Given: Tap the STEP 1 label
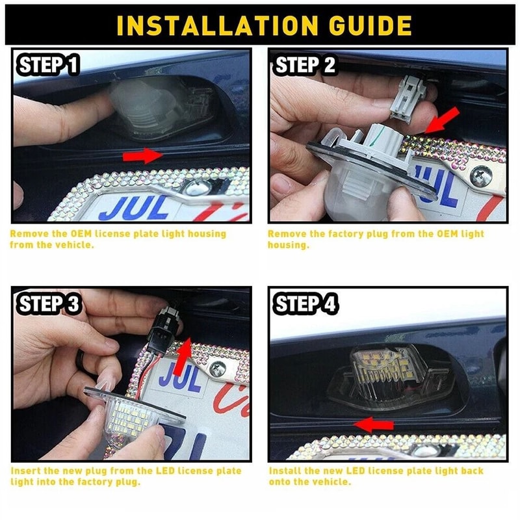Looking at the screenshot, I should [49, 65].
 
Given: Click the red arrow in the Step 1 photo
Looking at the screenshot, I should [143, 155].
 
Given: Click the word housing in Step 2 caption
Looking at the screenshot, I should [287, 245].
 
